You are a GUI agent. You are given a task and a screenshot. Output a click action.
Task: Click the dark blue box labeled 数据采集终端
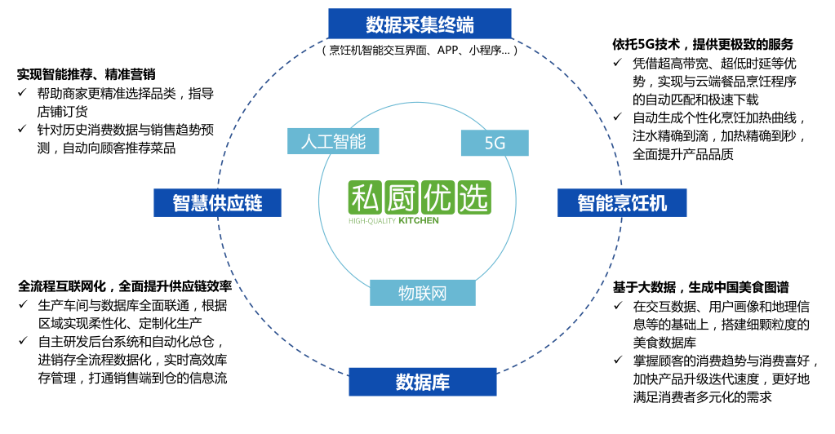pyautogui.click(x=420, y=24)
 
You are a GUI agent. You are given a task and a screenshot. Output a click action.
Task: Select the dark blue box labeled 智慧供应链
pyautogui.click(x=217, y=202)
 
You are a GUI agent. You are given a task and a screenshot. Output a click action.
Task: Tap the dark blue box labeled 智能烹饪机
pyautogui.click(x=622, y=202)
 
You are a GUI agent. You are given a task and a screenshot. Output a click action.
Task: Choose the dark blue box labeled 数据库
pyautogui.click(x=422, y=382)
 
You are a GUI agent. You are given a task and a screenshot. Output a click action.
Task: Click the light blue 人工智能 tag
pyautogui.click(x=333, y=140)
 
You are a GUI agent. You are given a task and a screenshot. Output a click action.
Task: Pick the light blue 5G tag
pyautogui.click(x=495, y=144)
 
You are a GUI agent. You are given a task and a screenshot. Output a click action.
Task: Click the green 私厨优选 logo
pyautogui.click(x=419, y=197)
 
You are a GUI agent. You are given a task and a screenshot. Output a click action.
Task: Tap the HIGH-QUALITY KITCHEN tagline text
pyautogui.click(x=393, y=220)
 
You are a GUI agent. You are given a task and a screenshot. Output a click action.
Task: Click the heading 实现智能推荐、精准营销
pyautogui.click(x=91, y=74)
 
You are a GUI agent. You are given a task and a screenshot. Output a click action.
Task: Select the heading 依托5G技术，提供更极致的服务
pyautogui.click(x=703, y=44)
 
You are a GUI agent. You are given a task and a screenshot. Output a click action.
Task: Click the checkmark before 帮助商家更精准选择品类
pyautogui.click(x=22, y=94)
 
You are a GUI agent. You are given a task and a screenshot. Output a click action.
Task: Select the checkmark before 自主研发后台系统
pyautogui.click(x=24, y=342)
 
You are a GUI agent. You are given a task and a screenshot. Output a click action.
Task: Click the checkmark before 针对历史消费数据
pyautogui.click(x=22, y=130)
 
